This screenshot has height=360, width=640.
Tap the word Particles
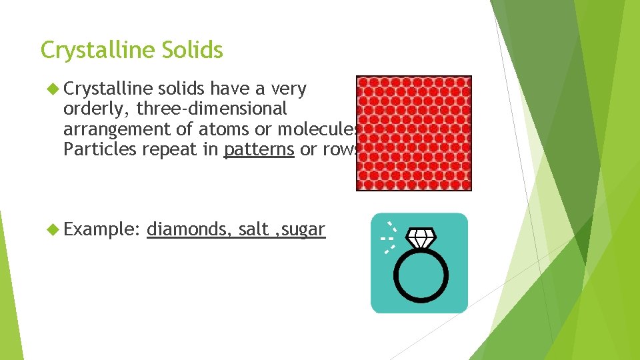coord(99,150)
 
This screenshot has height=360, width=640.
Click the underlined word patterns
coord(259,150)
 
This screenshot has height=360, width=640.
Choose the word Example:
coord(101,230)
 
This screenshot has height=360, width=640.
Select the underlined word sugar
coord(303,230)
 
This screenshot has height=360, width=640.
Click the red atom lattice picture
coord(413,133)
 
